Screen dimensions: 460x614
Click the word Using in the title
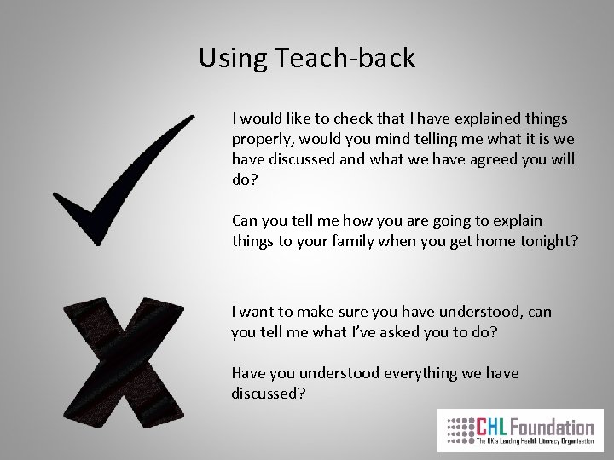click(x=233, y=59)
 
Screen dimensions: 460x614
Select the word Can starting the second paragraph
click(x=245, y=221)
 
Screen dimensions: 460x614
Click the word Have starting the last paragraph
click(x=247, y=373)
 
